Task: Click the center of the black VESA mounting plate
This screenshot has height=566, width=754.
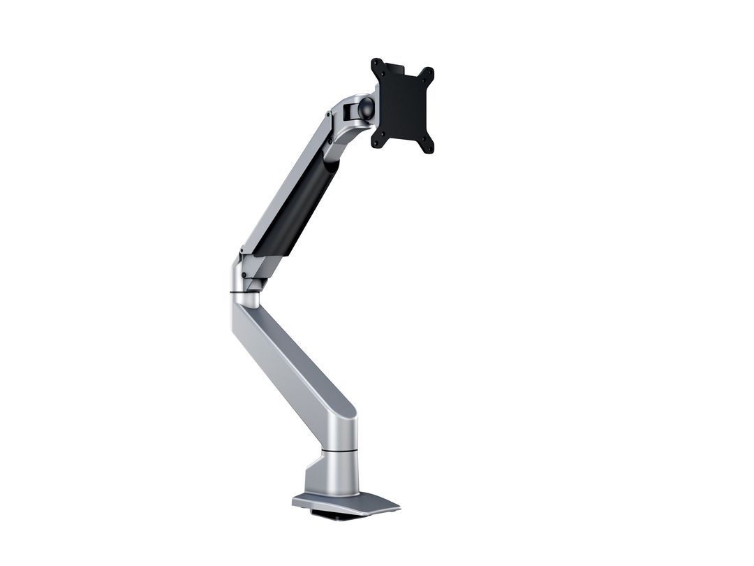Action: click(x=402, y=106)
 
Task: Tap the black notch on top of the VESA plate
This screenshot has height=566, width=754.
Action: click(x=394, y=67)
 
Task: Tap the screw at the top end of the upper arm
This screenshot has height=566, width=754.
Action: click(x=328, y=116)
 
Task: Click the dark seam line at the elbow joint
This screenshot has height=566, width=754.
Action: click(x=244, y=290)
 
